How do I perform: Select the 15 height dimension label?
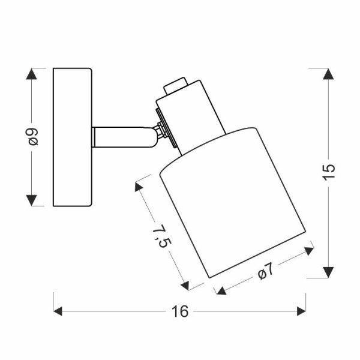tap(328, 172)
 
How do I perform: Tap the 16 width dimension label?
tap(179, 311)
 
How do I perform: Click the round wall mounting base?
tap(73, 137)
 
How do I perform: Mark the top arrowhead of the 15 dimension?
tap(328, 74)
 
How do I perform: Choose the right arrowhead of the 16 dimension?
tap(301, 311)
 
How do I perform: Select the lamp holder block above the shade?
tap(191, 114)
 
